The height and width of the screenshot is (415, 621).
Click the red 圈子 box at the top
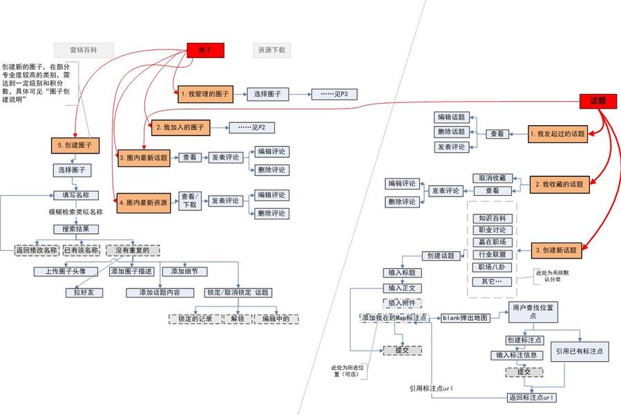point(205,50)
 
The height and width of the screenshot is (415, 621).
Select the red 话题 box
point(598,101)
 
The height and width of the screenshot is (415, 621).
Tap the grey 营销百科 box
point(84,50)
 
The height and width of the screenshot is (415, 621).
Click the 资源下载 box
point(271,50)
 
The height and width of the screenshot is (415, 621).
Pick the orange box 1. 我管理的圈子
point(203,93)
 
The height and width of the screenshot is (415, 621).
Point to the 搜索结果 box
point(76,229)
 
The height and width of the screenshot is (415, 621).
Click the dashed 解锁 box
point(238,319)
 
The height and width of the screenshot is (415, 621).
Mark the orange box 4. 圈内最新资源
point(143,203)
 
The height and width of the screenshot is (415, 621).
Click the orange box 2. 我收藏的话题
point(558,185)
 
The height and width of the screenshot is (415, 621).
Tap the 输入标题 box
point(401,273)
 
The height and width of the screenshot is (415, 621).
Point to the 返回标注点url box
point(531,398)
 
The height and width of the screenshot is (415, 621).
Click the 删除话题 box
point(451,131)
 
